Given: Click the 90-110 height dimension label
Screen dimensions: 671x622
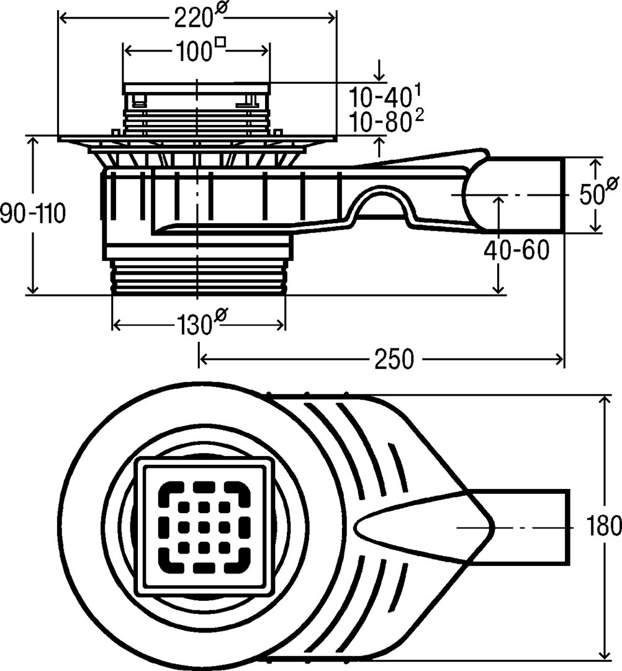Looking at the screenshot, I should pyautogui.click(x=32, y=214).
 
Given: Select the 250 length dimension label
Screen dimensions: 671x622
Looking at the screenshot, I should pyautogui.click(x=394, y=359).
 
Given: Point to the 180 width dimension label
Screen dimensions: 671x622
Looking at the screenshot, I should pyautogui.click(x=604, y=527).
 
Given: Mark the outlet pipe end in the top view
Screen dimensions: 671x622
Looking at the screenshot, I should pyautogui.click(x=568, y=527).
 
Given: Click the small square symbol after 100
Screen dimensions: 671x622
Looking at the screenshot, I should pyautogui.click(x=219, y=43).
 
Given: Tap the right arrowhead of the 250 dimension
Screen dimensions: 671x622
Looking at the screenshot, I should pyautogui.click(x=561, y=359).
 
